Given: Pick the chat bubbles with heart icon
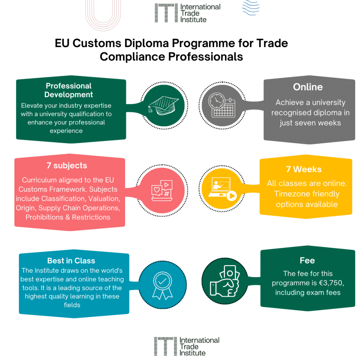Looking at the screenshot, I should [161, 191].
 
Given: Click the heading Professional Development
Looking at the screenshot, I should [69, 90].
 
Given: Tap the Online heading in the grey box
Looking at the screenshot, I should [308, 87].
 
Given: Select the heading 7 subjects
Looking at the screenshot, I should [67, 165].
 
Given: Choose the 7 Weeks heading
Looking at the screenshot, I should [304, 169].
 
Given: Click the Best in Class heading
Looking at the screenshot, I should [71, 261].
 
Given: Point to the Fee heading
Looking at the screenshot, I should [307, 261].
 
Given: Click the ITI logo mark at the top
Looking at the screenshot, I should [166, 13].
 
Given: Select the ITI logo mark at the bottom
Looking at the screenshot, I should [165, 346].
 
